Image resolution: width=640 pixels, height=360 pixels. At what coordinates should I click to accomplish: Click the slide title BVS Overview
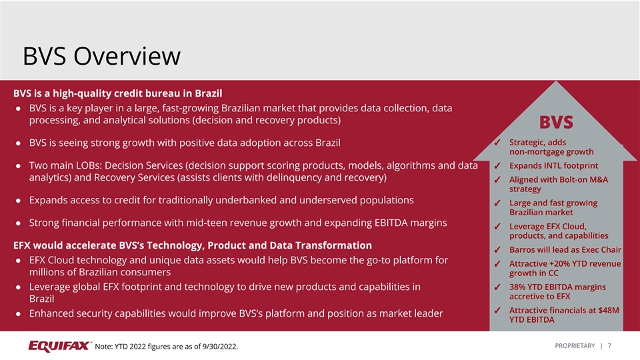tap(101, 56)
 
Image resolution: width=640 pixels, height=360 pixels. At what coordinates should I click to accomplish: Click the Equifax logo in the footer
tap(60, 346)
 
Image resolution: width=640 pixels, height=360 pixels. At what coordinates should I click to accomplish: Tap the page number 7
tap(609, 346)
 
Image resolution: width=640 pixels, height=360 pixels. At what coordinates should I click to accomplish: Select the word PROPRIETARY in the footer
tap(575, 346)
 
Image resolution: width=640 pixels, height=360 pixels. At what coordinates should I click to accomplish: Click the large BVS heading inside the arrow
tap(556, 122)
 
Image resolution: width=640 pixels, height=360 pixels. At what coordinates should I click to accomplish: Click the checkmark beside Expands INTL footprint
tap(497, 166)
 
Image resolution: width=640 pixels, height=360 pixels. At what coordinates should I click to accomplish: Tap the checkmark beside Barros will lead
tap(497, 250)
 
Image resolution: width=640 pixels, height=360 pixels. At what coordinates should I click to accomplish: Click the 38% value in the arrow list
tap(517, 287)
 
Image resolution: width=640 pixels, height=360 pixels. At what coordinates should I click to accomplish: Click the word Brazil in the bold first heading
tap(209, 93)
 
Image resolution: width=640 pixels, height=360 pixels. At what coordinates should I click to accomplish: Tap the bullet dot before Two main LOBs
tap(18, 166)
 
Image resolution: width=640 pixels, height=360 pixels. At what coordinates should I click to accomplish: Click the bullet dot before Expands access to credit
tap(18, 201)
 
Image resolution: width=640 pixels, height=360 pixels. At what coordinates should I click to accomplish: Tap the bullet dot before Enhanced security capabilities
tap(18, 314)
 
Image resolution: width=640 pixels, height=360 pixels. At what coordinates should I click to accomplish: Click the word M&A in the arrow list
tap(597, 179)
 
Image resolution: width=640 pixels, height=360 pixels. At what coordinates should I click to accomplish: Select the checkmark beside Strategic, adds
tap(497, 143)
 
